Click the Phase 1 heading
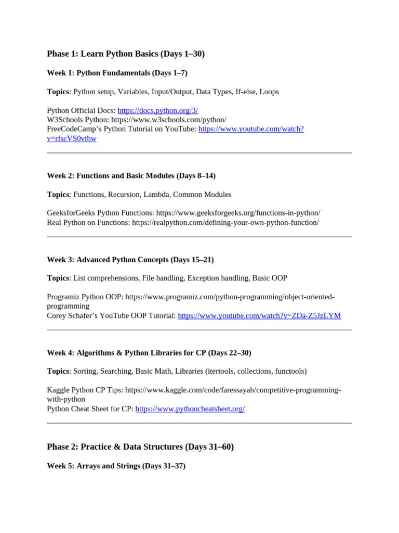[126, 54]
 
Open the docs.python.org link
[157, 110]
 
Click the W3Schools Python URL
[168, 120]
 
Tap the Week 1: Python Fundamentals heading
[117, 73]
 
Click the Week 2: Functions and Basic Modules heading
[131, 176]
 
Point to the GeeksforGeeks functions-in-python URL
[238, 213]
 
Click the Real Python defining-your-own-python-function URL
[225, 222]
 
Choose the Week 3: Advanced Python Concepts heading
[130, 260]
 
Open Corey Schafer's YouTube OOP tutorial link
[259, 315]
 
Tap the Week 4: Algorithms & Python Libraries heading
[149, 353]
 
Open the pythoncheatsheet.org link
[190, 409]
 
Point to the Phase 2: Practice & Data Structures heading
[140, 447]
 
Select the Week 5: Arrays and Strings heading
[116, 466]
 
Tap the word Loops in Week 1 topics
[269, 92]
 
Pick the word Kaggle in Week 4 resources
[58, 390]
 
